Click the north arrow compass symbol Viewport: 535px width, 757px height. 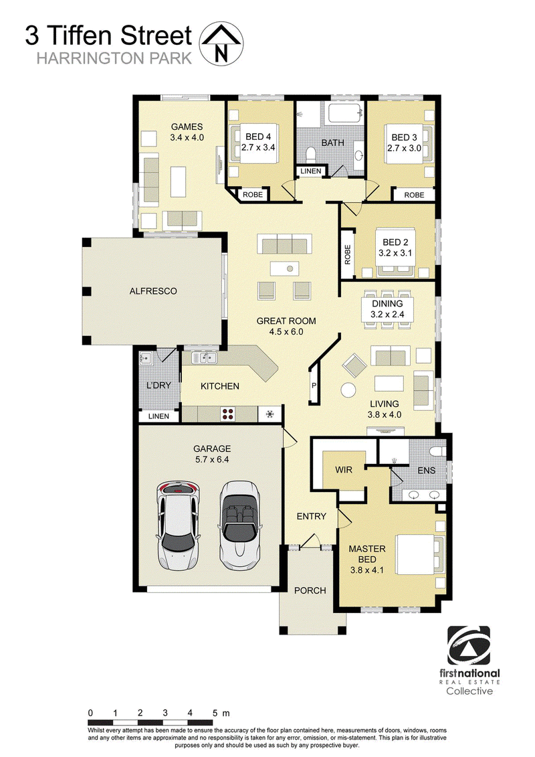[221, 44]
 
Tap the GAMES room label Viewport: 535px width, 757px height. [187, 127]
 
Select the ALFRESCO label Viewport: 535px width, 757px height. [153, 291]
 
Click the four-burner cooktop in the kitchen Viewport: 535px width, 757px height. [227, 414]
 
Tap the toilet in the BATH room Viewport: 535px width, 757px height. [312, 154]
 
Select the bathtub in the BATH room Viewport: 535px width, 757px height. [346, 114]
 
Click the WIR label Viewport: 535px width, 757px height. [344, 470]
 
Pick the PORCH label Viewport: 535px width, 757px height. [310, 590]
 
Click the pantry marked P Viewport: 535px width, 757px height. [314, 386]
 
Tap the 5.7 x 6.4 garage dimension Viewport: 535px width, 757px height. [212, 460]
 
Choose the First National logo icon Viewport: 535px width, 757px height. [469, 645]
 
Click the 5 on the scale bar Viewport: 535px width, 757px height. [215, 713]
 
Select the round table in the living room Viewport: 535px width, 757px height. [348, 389]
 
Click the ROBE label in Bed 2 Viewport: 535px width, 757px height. [347, 255]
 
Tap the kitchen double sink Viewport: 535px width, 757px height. [205, 357]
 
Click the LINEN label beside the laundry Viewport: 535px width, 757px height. [158, 416]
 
